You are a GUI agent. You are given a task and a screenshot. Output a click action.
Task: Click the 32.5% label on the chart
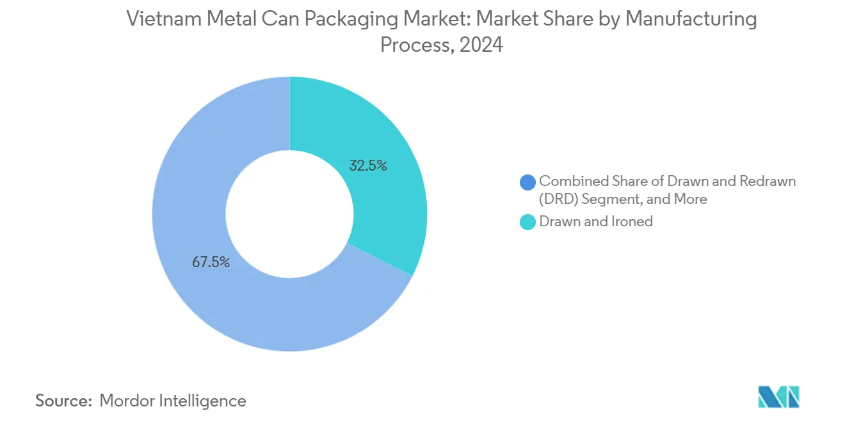click(x=367, y=166)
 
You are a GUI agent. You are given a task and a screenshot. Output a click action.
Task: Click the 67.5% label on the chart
click(x=211, y=262)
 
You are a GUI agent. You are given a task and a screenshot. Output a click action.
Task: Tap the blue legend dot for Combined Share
click(x=527, y=182)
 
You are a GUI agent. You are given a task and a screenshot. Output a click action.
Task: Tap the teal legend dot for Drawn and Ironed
click(x=527, y=222)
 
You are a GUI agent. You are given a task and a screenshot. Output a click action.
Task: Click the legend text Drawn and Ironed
click(x=596, y=222)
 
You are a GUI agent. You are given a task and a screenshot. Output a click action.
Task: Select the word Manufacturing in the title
click(x=690, y=19)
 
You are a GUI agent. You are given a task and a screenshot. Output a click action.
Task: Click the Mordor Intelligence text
click(x=173, y=401)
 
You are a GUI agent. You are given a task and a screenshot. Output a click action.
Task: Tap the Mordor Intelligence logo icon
click(x=778, y=397)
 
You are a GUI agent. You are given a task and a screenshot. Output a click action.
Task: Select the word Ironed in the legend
click(x=632, y=222)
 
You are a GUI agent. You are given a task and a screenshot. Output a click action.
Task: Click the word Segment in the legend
click(x=611, y=199)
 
